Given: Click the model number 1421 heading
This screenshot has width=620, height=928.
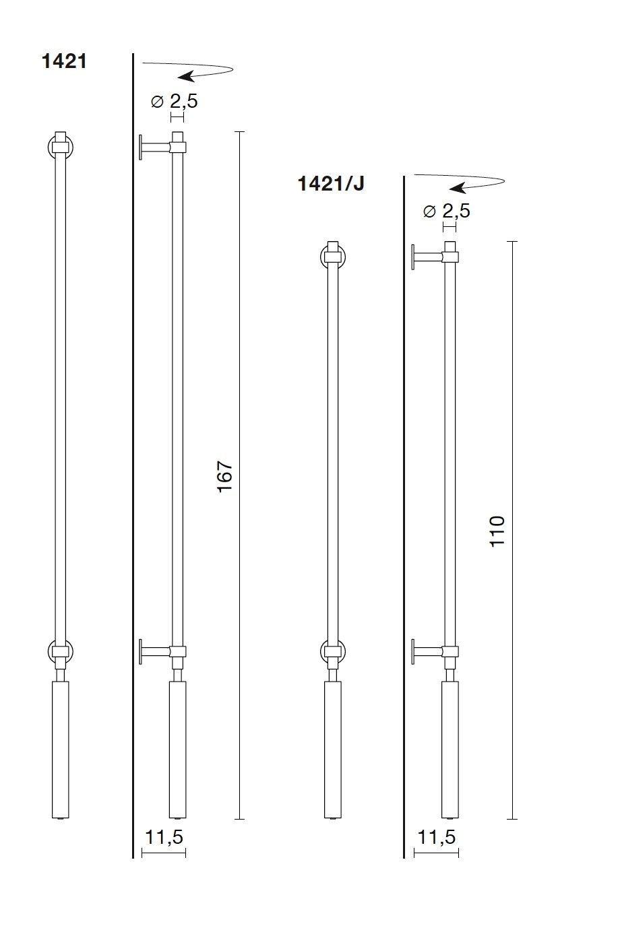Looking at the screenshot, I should [x=64, y=62].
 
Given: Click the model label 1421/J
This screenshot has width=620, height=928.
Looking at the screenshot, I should [x=331, y=183].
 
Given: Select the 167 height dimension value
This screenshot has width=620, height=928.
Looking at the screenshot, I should [x=225, y=475].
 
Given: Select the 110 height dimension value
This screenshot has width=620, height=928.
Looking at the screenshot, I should [x=497, y=531].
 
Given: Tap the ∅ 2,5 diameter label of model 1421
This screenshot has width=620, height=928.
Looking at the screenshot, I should [x=175, y=102].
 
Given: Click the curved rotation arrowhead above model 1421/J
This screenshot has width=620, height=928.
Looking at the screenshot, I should [x=458, y=187].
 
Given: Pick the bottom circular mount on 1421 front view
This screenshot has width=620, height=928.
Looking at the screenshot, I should [x=61, y=651].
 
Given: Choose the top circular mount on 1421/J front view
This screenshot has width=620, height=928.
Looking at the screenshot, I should [x=332, y=257].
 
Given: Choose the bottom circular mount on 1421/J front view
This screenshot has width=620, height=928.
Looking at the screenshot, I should [x=332, y=651].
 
